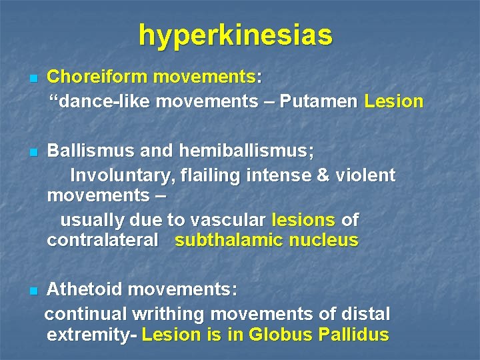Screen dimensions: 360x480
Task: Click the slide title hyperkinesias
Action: click(235, 35)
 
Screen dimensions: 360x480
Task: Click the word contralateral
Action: click(103, 241)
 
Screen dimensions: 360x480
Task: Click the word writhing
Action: click(175, 313)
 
